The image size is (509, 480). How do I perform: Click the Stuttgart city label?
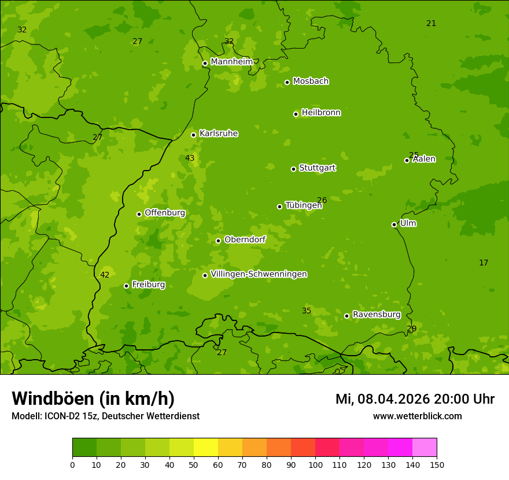[x=317, y=168]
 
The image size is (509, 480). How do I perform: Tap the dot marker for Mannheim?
[x=205, y=64]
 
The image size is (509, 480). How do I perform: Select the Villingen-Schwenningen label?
[x=259, y=274]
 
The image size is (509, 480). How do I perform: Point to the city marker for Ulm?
[x=394, y=224]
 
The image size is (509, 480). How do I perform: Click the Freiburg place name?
[x=148, y=285]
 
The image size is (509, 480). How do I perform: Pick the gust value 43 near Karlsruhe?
[x=190, y=158]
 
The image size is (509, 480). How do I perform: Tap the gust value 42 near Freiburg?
[x=105, y=275]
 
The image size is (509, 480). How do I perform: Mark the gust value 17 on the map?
[x=484, y=263]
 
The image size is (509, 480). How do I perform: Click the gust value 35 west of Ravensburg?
[x=307, y=311]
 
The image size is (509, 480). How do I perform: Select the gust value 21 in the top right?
[x=431, y=23]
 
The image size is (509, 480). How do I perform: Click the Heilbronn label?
[x=321, y=113]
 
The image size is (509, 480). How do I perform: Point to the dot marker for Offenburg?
[x=139, y=214]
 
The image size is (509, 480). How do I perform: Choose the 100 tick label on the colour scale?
[x=315, y=464]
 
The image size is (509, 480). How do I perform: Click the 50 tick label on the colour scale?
[x=194, y=464]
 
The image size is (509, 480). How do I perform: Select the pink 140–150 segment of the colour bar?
[x=425, y=448]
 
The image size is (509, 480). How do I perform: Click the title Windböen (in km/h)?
[x=93, y=398]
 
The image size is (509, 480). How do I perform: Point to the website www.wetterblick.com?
[x=417, y=416]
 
